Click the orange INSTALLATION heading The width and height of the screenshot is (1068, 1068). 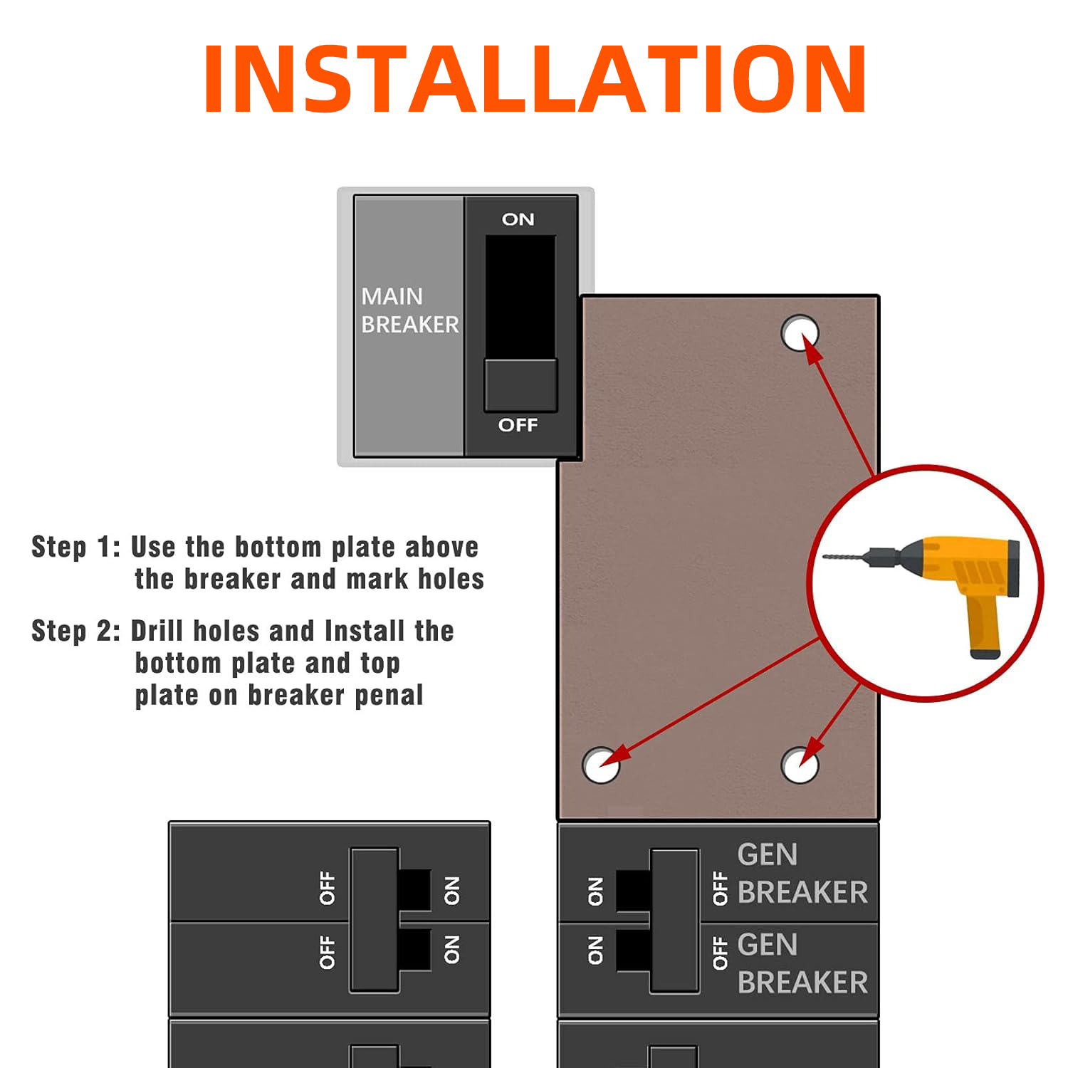pos(535,78)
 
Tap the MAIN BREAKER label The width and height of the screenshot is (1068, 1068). pos(410,310)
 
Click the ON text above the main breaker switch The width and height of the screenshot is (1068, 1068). pos(518,219)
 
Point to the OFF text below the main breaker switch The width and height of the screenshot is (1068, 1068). pos(518,425)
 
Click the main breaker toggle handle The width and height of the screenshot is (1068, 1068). pos(520,385)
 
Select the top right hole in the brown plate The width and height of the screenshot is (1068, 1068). pos(800,333)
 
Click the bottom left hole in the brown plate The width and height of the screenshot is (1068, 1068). pos(601,765)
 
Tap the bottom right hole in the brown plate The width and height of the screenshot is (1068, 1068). pos(800,765)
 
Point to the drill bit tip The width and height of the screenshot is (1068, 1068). pos(824,556)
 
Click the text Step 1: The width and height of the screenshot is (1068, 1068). pos(75,547)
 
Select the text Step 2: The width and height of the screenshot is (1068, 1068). pos(75,631)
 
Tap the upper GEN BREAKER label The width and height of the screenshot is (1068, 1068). pos(802,873)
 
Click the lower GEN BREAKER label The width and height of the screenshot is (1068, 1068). pos(802,963)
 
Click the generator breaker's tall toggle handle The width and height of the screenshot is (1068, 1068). pos(674,920)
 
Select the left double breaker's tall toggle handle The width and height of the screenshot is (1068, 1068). pos(374,920)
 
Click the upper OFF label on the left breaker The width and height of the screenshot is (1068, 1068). pos(328,888)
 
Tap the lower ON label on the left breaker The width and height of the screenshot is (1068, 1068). pos(452,950)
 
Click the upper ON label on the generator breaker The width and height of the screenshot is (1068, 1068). pos(595,891)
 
